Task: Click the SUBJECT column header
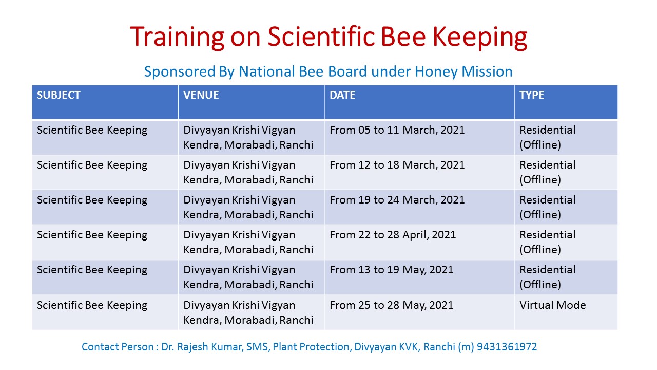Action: [x=59, y=95]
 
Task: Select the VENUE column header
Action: [x=201, y=95]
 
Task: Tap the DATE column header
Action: [x=342, y=95]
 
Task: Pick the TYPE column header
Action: [x=532, y=95]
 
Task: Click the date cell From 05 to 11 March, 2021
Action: [x=397, y=130]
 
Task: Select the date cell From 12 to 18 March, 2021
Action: [x=397, y=165]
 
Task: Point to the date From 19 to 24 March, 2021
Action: [x=397, y=200]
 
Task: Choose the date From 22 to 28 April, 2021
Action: [x=393, y=235]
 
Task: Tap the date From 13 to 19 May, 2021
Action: [x=392, y=270]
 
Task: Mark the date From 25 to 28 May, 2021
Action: [x=392, y=305]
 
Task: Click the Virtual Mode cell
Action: [x=553, y=305]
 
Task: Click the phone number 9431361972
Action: [x=507, y=347]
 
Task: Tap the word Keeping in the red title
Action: [x=479, y=38]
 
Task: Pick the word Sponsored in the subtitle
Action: [x=180, y=72]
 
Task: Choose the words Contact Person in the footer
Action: [x=118, y=347]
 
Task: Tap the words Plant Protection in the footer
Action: [x=312, y=347]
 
